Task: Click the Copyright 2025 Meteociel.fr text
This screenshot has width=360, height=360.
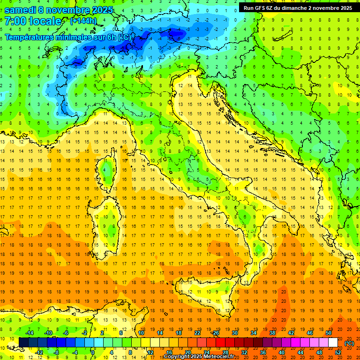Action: click(x=202, y=357)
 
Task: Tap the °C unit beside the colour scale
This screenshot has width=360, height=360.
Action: click(x=349, y=343)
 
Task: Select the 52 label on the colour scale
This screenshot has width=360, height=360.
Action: click(x=338, y=352)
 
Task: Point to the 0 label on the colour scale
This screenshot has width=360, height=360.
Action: click(x=93, y=352)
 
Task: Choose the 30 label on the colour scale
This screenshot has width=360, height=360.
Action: click(x=234, y=333)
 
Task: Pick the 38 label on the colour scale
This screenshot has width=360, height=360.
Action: click(x=272, y=333)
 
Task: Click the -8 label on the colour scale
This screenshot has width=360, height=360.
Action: click(x=56, y=352)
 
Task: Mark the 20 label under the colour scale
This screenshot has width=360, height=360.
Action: click(x=187, y=352)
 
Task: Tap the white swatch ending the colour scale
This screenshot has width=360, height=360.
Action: click(x=333, y=342)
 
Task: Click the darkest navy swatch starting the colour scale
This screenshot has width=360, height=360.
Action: click(x=23, y=342)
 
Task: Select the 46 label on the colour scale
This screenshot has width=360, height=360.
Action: click(x=309, y=333)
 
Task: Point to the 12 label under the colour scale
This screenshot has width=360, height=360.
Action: click(x=150, y=352)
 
